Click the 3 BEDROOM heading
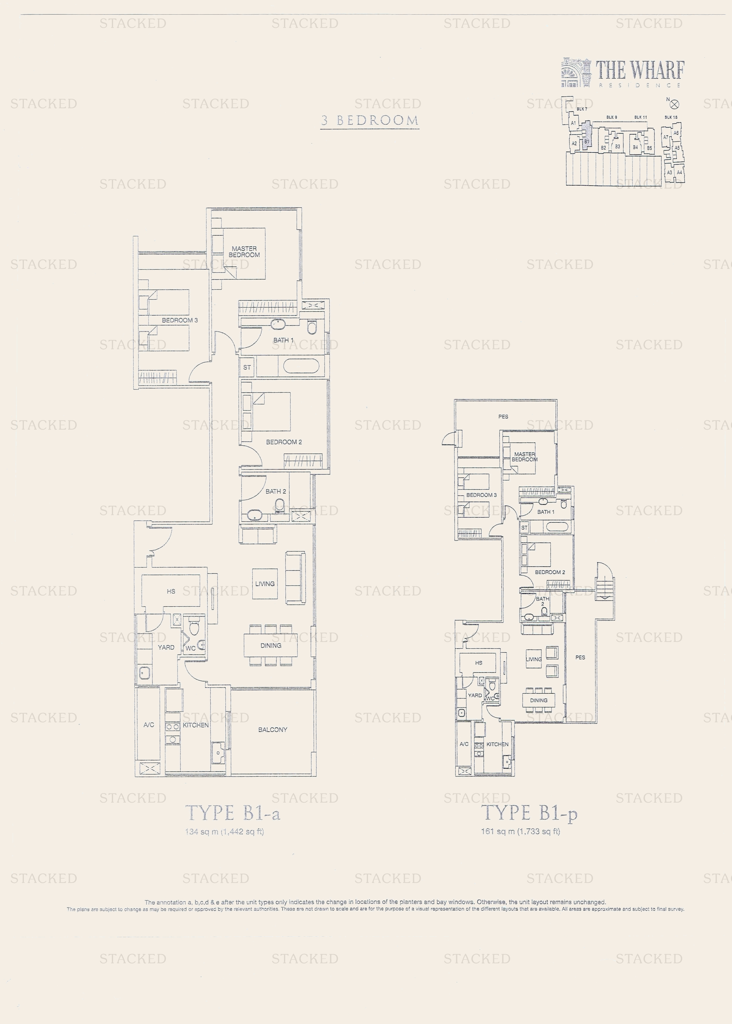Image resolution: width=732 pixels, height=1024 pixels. (x=370, y=120)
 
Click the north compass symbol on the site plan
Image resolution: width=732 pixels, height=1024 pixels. (x=674, y=104)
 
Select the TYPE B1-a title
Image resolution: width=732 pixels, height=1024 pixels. (x=233, y=813)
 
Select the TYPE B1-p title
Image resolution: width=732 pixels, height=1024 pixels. (x=529, y=813)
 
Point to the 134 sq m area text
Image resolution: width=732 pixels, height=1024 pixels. (x=224, y=832)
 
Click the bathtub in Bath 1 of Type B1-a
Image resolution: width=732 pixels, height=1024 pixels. (x=301, y=366)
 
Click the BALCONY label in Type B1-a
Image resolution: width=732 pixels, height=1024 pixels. (x=273, y=730)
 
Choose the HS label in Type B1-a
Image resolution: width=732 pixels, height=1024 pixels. (x=171, y=591)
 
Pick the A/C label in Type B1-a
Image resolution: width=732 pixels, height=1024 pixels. (x=149, y=725)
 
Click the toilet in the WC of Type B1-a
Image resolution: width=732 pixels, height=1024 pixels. (x=194, y=628)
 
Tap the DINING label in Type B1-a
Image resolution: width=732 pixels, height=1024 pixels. (x=271, y=646)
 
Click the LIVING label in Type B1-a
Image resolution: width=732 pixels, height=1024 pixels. (x=265, y=584)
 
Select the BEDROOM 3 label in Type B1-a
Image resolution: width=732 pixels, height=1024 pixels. (x=179, y=320)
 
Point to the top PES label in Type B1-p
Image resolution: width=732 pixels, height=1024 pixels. (x=503, y=417)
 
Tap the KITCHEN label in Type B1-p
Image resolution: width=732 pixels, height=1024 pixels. (x=497, y=744)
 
